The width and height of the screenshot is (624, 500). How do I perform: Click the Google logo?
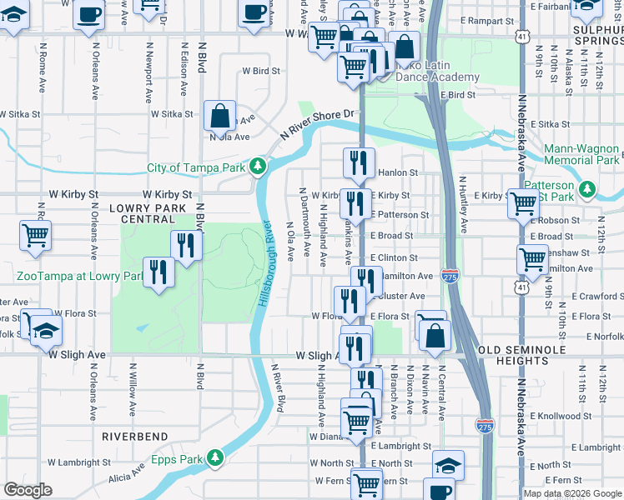tap(28, 490)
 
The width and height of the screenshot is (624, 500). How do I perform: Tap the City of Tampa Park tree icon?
tap(259, 167)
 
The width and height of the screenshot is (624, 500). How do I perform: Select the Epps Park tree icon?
tap(215, 457)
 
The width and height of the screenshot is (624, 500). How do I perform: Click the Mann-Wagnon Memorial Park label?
tap(582, 154)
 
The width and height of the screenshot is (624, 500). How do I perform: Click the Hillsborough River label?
tap(265, 262)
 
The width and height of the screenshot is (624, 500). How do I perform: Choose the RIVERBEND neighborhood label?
tap(135, 437)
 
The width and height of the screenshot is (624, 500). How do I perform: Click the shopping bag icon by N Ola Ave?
tap(219, 116)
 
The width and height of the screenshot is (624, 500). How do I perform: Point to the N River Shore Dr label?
tap(318, 122)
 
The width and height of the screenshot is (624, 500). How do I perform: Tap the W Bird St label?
tap(259, 72)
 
